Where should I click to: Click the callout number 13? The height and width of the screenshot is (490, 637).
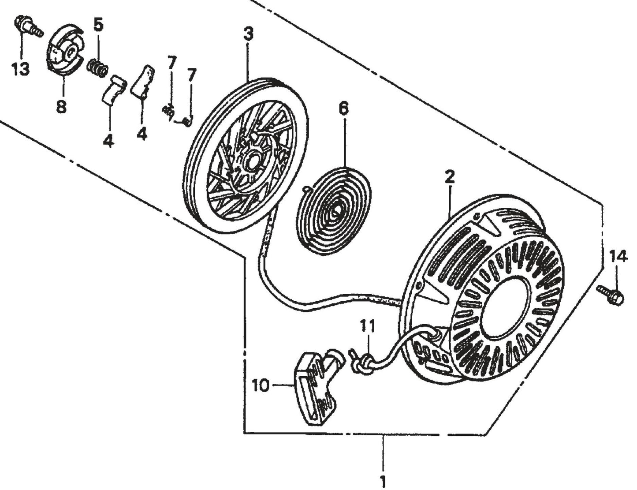[x=20, y=69]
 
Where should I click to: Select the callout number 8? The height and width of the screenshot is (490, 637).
[x=61, y=106]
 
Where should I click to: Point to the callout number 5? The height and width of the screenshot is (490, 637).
[x=98, y=25]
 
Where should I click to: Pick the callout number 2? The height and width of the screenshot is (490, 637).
[x=449, y=177]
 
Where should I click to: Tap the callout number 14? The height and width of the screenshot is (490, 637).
[x=618, y=257]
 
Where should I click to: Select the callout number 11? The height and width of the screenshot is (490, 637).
[x=368, y=326]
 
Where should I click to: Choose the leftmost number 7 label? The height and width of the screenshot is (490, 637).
[x=171, y=63]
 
